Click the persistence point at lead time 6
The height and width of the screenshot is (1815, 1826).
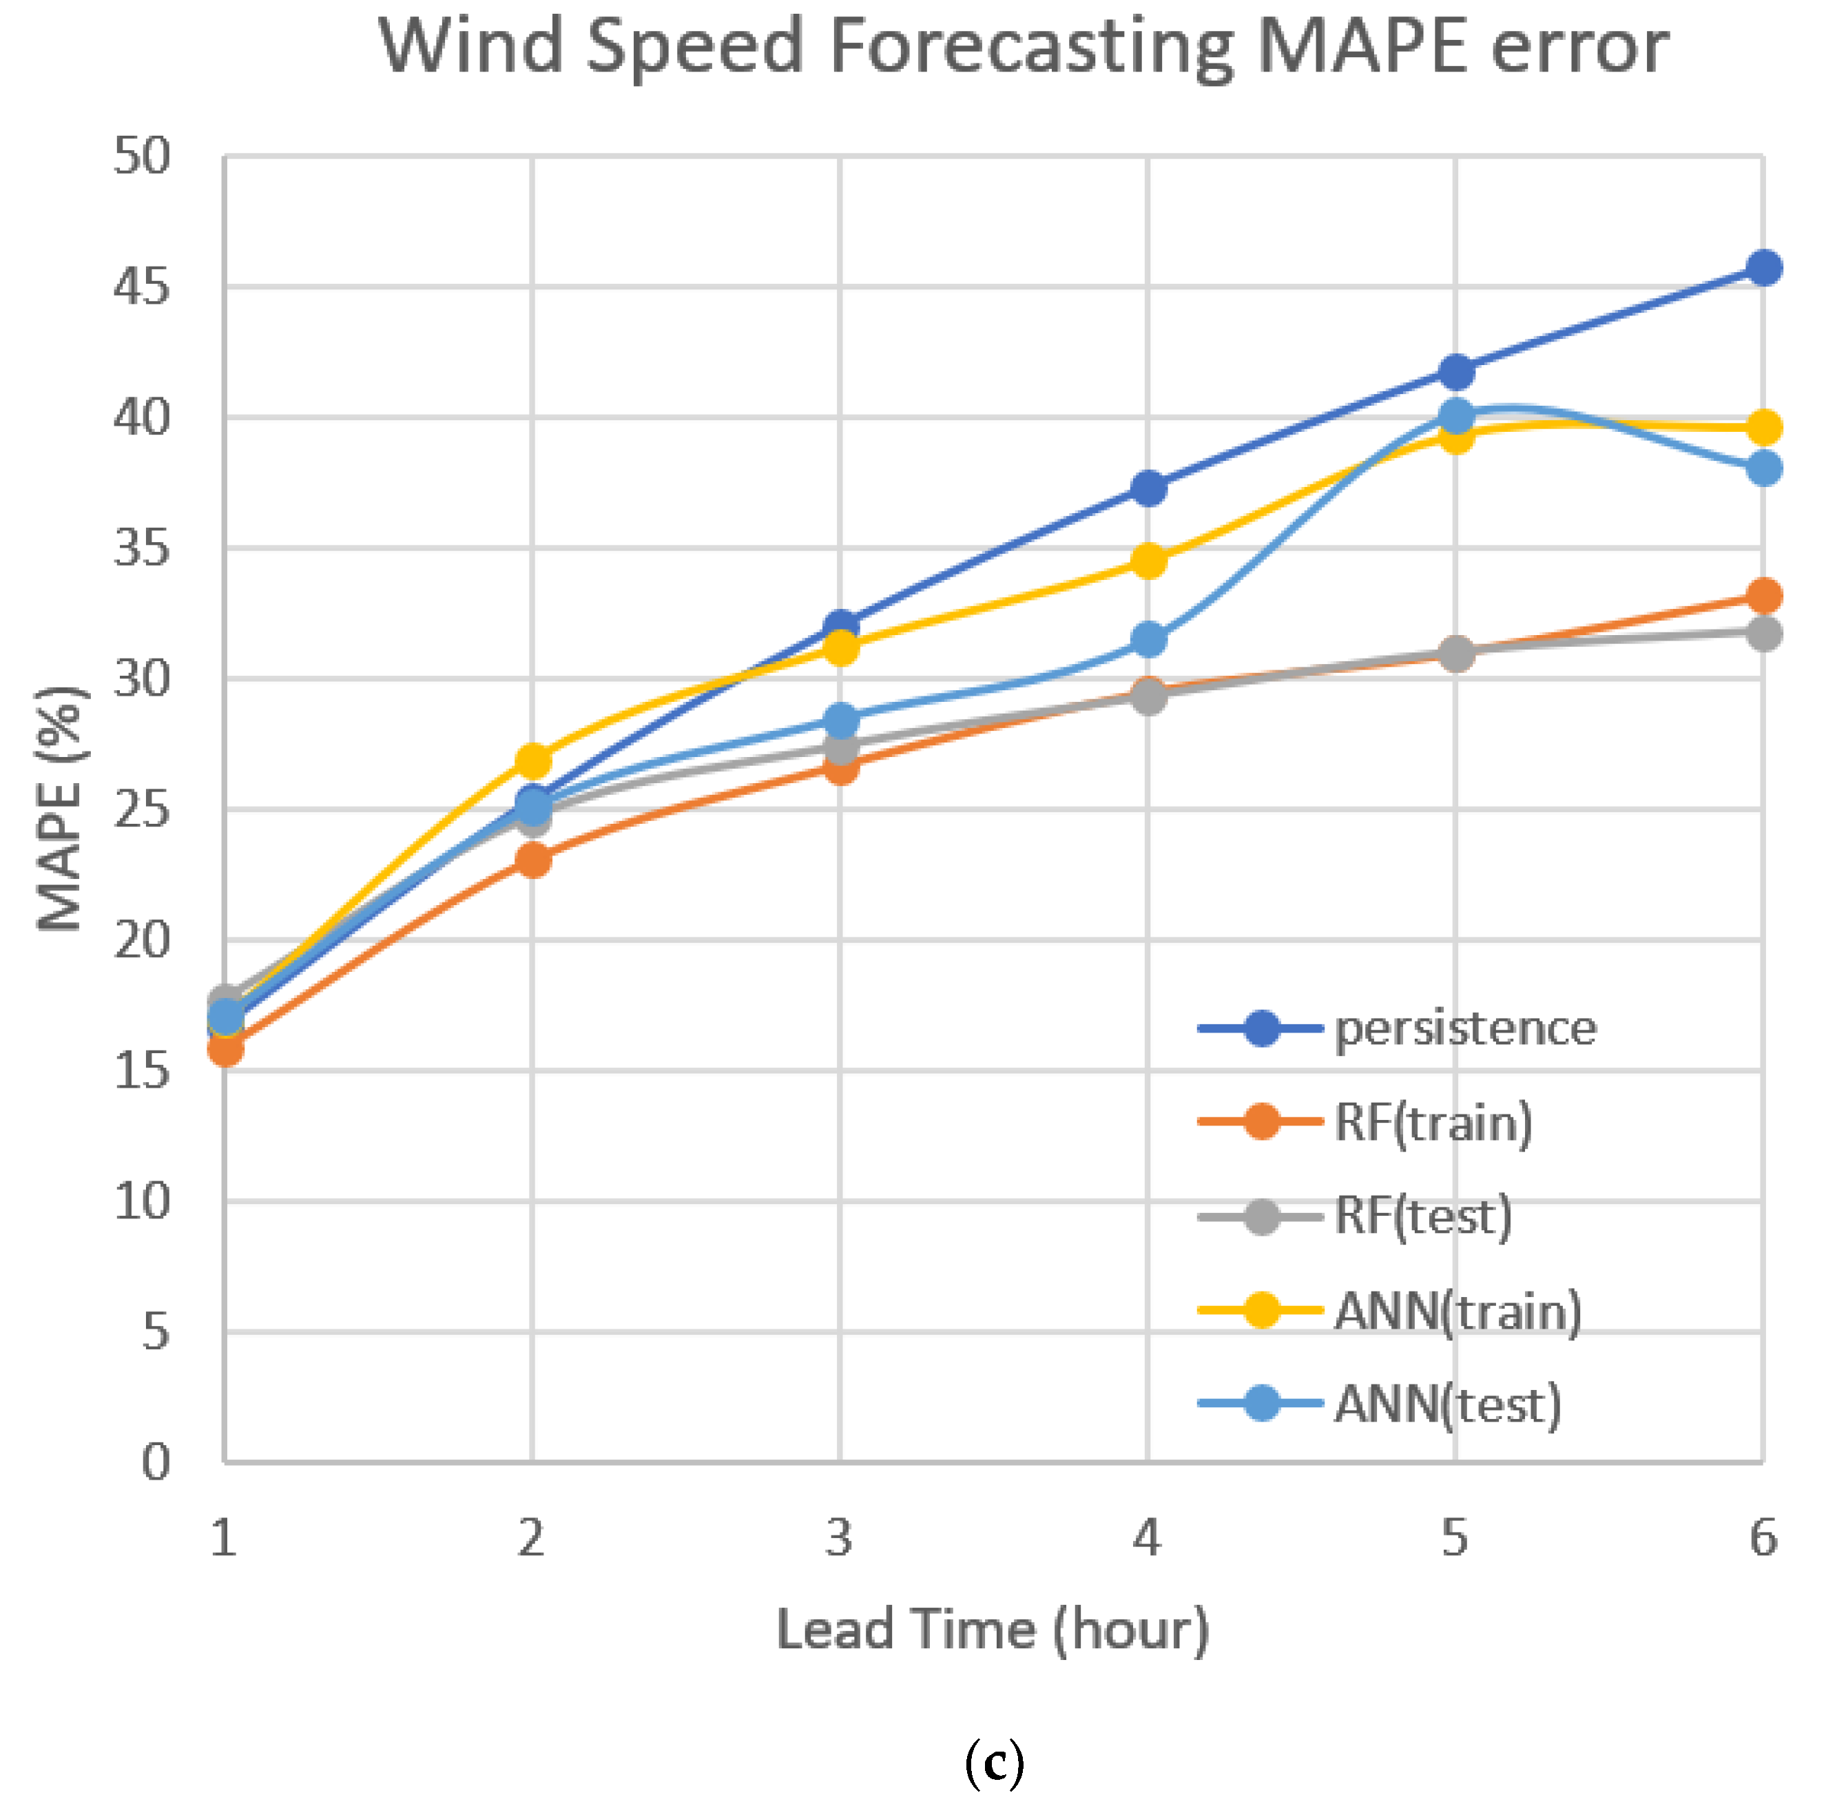click(1763, 269)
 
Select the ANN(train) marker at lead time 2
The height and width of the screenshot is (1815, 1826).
click(533, 761)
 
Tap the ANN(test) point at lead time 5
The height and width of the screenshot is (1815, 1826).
click(1456, 415)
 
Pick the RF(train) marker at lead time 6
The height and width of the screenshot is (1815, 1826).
click(1763, 597)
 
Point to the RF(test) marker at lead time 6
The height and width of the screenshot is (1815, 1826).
click(1763, 634)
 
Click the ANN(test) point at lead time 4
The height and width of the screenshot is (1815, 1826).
click(1148, 640)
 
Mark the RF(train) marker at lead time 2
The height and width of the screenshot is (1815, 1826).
click(533, 860)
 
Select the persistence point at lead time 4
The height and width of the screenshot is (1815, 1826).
click(1148, 489)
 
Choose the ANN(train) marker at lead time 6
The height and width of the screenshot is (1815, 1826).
click(1763, 428)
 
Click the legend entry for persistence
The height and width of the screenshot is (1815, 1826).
click(1465, 1028)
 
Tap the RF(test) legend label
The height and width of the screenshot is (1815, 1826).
click(1422, 1216)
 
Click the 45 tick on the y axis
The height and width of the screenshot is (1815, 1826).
click(142, 287)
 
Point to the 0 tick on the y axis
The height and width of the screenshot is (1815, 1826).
click(156, 1462)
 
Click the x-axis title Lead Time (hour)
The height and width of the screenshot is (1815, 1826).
click(993, 1630)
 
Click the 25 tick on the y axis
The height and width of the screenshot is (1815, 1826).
click(142, 810)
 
